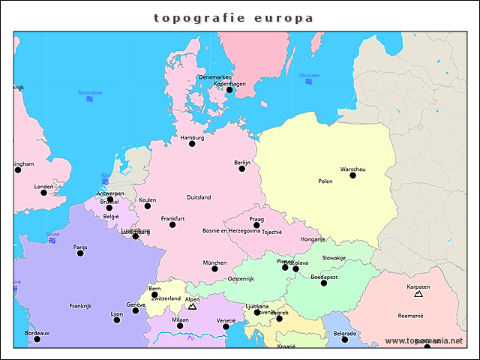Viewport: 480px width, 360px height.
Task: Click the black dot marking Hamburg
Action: [x=192, y=143]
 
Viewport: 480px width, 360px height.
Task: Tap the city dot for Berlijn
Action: [x=241, y=168]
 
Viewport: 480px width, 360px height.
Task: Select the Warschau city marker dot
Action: [x=352, y=175]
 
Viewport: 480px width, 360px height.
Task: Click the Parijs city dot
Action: [x=80, y=253]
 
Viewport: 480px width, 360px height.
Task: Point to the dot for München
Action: [x=214, y=268]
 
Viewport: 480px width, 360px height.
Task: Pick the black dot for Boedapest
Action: [x=324, y=283]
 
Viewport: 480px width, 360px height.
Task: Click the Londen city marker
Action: [x=43, y=193]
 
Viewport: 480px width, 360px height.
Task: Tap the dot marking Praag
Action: [x=256, y=225]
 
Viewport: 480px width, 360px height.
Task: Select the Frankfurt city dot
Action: [x=172, y=224]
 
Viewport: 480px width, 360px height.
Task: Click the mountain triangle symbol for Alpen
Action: [x=192, y=306]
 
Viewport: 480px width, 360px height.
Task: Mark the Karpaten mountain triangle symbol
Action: [x=418, y=295]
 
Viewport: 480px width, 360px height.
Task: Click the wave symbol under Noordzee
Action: [x=89, y=99]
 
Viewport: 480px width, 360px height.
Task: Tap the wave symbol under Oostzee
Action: [x=309, y=82]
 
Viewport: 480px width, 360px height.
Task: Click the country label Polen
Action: [x=325, y=181]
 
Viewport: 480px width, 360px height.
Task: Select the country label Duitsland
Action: [x=199, y=197]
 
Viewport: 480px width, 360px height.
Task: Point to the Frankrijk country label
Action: [x=80, y=306]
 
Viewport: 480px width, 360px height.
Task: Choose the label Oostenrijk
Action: [x=241, y=279]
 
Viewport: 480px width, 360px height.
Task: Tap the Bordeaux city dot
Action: [x=37, y=339]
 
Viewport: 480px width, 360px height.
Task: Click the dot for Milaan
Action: [x=180, y=325]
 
